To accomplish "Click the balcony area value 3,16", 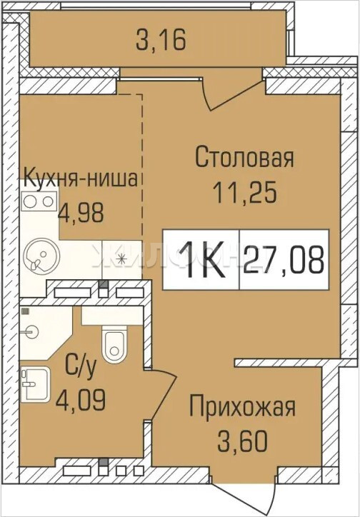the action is [x=161, y=39].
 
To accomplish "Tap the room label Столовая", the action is [x=244, y=156].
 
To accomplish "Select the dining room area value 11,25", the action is [x=244, y=193].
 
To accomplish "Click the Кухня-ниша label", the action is [x=81, y=179].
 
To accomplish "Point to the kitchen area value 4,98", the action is [x=81, y=213].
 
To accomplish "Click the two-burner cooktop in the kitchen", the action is [x=39, y=201].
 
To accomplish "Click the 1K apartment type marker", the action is [x=201, y=260].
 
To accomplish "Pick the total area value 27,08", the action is [x=284, y=259].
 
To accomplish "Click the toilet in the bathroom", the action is [x=114, y=344].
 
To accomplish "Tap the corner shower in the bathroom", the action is [x=46, y=333].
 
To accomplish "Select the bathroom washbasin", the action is [x=35, y=385].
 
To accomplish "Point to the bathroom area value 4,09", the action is [x=81, y=401].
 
